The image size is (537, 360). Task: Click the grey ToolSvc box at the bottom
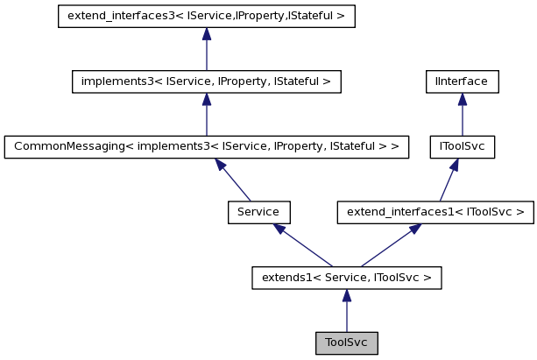point(346,342)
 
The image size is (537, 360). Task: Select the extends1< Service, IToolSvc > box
point(346,278)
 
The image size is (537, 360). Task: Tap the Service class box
point(258,211)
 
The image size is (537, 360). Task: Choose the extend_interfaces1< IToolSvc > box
point(435,211)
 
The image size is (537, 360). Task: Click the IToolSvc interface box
point(463,146)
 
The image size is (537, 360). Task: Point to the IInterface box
point(463,81)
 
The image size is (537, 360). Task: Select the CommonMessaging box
point(207,146)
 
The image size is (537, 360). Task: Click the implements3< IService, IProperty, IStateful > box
point(206,81)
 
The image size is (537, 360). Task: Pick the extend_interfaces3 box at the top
point(206,17)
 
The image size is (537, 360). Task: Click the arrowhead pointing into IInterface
point(463,99)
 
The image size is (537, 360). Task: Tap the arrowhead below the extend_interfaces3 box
point(206,34)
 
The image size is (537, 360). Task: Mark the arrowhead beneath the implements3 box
point(206,99)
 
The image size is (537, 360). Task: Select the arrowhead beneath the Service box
point(279,229)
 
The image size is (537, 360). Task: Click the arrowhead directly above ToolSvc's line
point(346,295)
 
